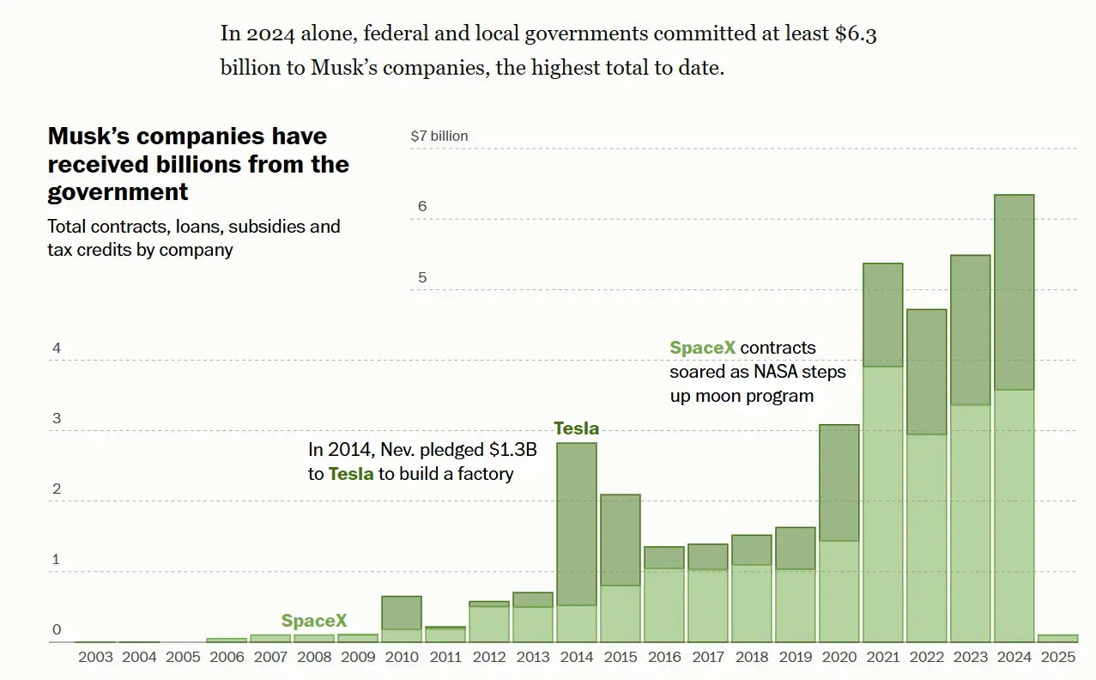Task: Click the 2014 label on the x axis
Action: point(577,658)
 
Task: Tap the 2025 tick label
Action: point(1057,658)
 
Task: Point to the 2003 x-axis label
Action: point(95,658)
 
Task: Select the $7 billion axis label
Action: point(439,136)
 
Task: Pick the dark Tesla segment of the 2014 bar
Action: point(577,524)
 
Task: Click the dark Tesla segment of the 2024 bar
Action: point(1014,292)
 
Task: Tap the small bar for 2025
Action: point(1057,638)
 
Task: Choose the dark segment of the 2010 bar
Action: point(402,613)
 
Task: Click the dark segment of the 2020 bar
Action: point(839,483)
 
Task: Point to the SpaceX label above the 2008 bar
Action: point(314,621)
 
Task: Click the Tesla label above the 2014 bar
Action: point(576,428)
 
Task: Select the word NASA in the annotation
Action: point(778,372)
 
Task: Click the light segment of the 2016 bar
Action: point(664,604)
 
